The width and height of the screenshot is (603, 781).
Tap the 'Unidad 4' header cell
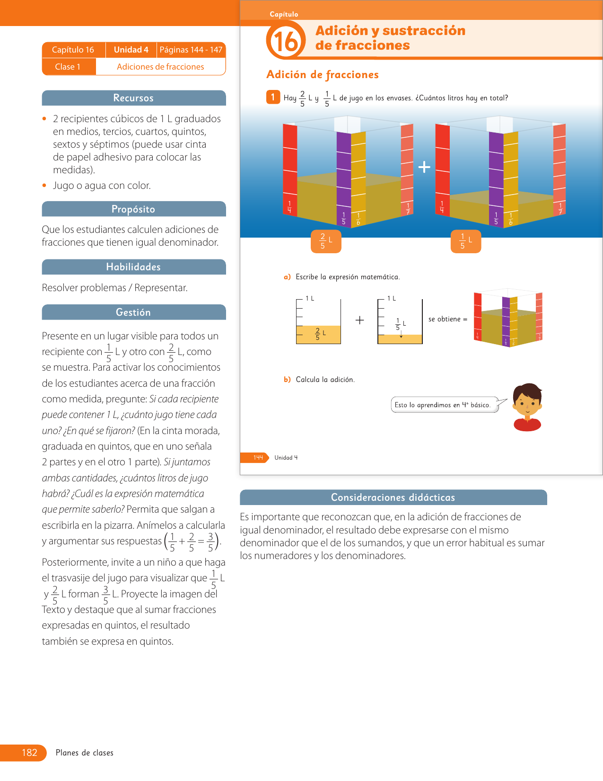point(131,50)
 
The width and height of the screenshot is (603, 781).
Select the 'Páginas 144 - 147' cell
point(191,50)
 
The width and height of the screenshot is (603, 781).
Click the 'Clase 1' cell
point(68,67)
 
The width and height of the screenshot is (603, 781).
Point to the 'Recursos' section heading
point(133,98)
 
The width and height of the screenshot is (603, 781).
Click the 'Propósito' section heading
point(133,209)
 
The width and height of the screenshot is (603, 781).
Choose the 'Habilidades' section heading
point(133,267)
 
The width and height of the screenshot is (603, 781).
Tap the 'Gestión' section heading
point(133,312)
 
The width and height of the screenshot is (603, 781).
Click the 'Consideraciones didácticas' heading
point(393,497)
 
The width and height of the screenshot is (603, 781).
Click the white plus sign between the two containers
point(424,167)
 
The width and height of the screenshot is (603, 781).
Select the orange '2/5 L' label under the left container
point(326,241)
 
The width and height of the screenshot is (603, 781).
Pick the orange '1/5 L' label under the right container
point(466,241)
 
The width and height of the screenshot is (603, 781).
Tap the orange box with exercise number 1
point(273,97)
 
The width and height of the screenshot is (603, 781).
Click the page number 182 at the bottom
point(29,753)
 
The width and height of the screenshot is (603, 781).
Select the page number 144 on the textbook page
point(258,458)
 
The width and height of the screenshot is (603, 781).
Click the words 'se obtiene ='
point(447,319)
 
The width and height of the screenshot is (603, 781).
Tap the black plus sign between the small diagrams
point(360,320)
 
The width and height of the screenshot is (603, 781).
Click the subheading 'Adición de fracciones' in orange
point(323,75)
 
